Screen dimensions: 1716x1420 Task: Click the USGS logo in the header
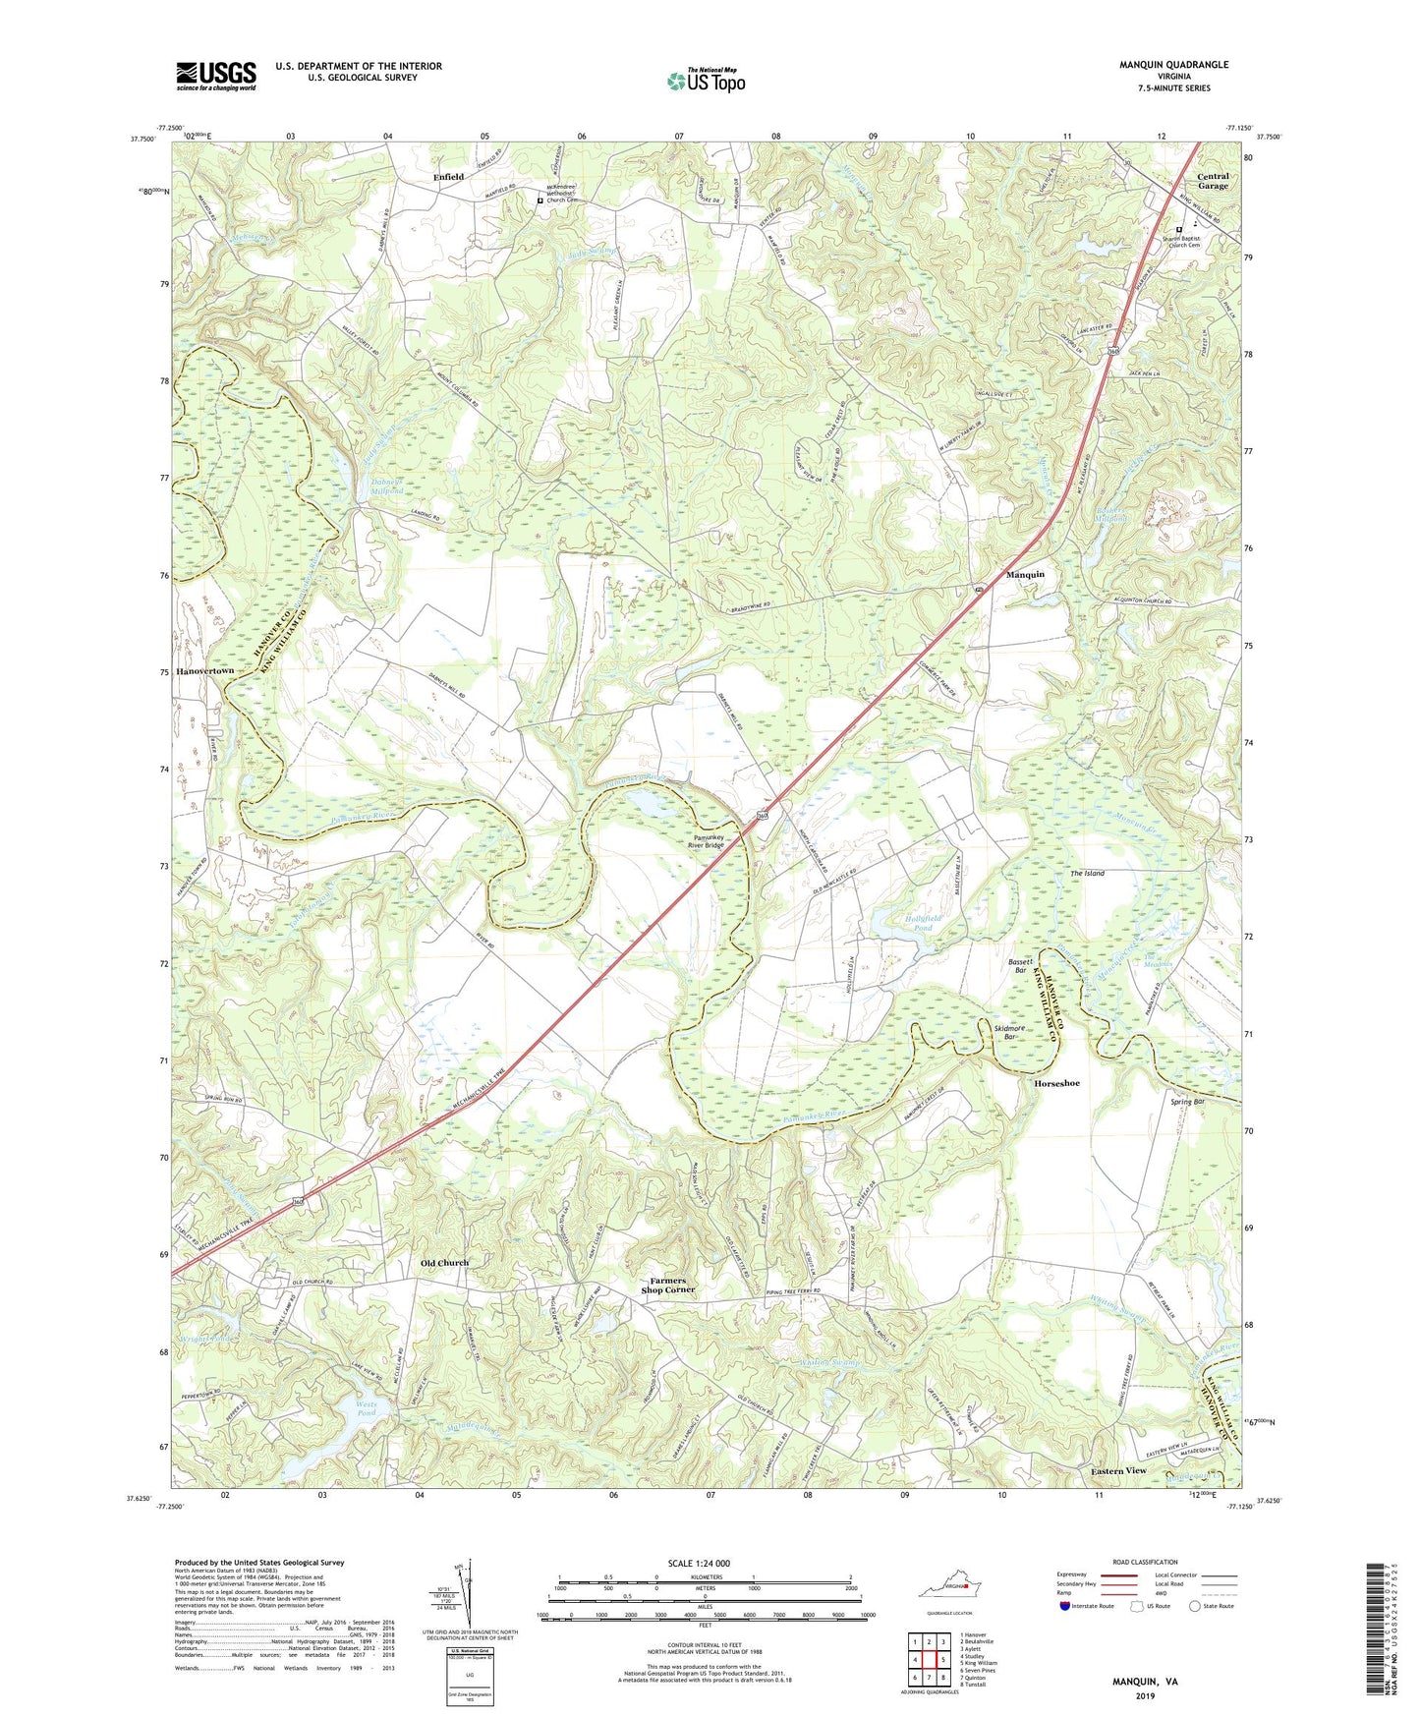(x=216, y=76)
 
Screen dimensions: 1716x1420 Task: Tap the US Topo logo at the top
(x=706, y=81)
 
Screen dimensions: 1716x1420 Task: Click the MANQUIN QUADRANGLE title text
(x=1173, y=65)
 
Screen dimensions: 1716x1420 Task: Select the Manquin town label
(x=1025, y=574)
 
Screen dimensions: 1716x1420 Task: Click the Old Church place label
(x=445, y=1263)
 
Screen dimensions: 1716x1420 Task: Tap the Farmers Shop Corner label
(x=668, y=1285)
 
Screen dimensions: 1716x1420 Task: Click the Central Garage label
(x=1213, y=181)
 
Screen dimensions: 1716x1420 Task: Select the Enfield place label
(x=448, y=177)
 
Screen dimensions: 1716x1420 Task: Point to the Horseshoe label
(x=1056, y=1083)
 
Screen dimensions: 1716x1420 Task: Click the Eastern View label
(x=1118, y=1470)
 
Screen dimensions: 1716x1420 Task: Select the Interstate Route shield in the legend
(x=1065, y=1606)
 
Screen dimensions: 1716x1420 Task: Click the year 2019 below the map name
(x=1145, y=1695)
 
